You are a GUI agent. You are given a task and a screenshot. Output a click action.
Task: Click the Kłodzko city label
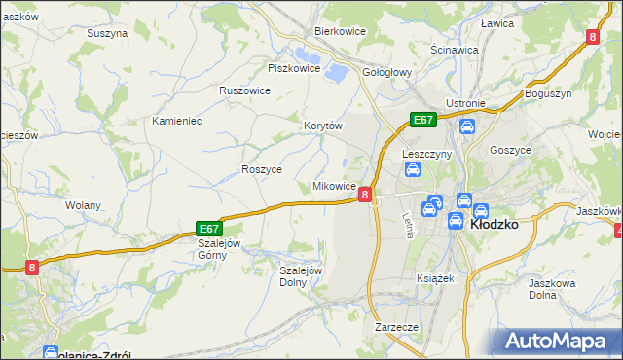coord(494,223)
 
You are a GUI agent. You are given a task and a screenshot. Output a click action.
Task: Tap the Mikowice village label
coord(333,185)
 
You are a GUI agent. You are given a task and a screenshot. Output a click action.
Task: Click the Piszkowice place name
coord(294,68)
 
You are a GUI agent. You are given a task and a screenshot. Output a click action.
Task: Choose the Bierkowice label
coord(339,31)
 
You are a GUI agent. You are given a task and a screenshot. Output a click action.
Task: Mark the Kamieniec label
coord(176,122)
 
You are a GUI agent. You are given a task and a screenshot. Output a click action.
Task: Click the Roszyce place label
coord(262,168)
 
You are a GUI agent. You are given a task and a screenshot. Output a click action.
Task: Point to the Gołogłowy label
coord(388,72)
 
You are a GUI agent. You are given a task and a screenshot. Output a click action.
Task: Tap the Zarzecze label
coord(396,327)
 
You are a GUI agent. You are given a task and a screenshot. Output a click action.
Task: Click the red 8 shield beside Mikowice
coord(364,195)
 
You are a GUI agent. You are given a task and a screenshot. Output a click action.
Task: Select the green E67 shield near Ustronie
coord(422,119)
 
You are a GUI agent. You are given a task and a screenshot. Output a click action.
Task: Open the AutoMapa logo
coord(558,342)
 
